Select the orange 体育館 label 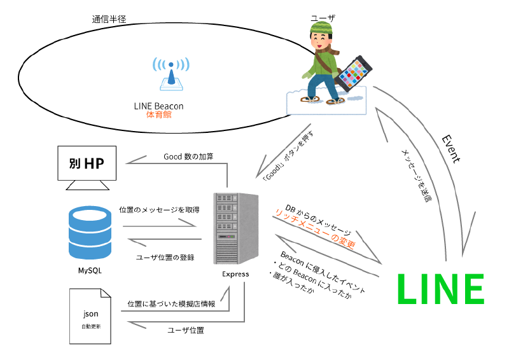pos(159,115)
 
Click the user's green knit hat pos(321,27)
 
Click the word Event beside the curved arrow pos(450,148)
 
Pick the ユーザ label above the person pos(322,11)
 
